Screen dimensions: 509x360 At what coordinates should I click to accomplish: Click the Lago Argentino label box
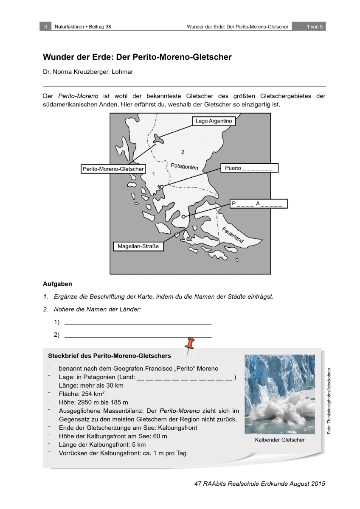(x=214, y=121)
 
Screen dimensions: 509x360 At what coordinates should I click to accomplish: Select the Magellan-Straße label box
(x=138, y=246)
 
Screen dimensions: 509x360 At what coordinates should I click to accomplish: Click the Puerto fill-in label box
(x=249, y=168)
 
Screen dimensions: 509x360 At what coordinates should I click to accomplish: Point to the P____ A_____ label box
(x=258, y=204)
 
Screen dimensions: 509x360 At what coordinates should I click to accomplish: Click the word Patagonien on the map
(x=184, y=165)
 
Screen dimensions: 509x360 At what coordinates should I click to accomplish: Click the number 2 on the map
(x=183, y=152)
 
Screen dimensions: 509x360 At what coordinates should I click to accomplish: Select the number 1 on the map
(x=154, y=174)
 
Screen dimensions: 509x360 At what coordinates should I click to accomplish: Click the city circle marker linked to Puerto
(x=161, y=186)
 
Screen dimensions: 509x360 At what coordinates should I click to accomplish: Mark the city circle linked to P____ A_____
(x=183, y=217)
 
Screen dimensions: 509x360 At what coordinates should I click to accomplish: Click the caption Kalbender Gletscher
(x=280, y=440)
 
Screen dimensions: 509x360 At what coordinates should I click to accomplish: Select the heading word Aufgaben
(x=57, y=284)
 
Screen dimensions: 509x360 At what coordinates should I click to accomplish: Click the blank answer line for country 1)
(x=138, y=324)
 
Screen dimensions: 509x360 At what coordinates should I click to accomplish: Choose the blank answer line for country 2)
(x=138, y=337)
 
